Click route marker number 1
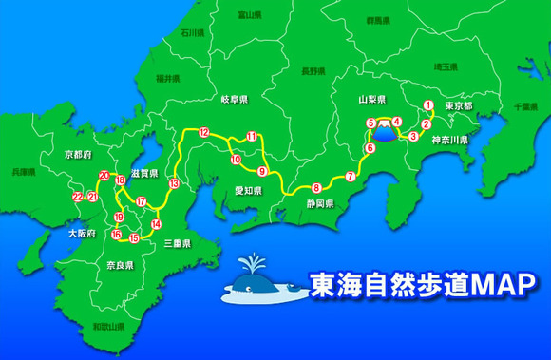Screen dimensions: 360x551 [428, 105]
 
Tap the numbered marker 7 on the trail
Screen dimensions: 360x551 [351, 177]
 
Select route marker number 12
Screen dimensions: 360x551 [203, 134]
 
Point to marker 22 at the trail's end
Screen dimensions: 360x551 [78, 197]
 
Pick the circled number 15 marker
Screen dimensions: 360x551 [134, 238]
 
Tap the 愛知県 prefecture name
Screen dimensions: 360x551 [249, 190]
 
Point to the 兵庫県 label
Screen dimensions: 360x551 [23, 174]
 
